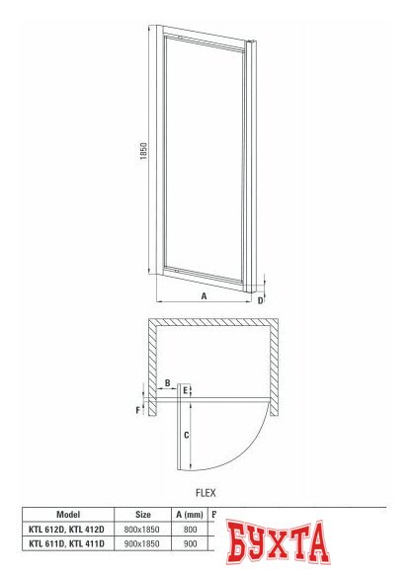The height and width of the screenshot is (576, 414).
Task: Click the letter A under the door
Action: pyautogui.click(x=204, y=295)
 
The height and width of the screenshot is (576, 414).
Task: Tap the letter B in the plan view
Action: pyautogui.click(x=168, y=381)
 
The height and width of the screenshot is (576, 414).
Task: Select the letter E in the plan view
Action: pyautogui.click(x=186, y=391)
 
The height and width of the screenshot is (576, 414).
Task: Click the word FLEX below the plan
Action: pyautogui.click(x=206, y=491)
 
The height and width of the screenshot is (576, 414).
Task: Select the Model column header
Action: pyautogui.click(x=68, y=514)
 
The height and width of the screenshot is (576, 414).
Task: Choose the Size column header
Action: pyautogui.click(x=143, y=514)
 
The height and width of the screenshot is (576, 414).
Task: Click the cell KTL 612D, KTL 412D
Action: pyautogui.click(x=68, y=529)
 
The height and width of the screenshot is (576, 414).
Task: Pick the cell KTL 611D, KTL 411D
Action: pyautogui.click(x=68, y=543)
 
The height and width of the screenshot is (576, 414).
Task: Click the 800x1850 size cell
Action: pyautogui.click(x=143, y=529)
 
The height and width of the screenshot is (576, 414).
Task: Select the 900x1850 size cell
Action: pyautogui.click(x=143, y=543)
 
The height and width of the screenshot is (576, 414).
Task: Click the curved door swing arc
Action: pyautogui.click(x=255, y=444)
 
